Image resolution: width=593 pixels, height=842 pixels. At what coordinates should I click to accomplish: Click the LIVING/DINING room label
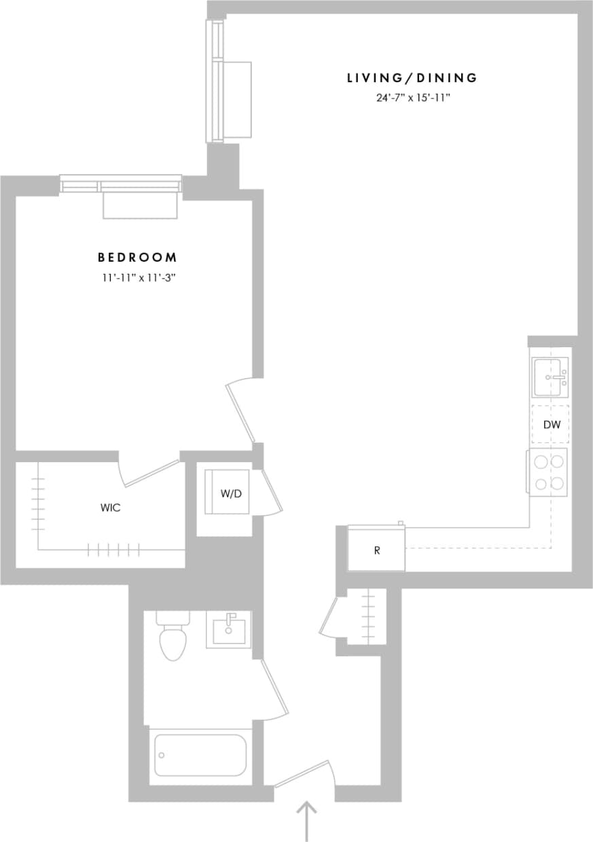pyautogui.click(x=412, y=78)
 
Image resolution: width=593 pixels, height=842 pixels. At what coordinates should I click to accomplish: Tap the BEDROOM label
pyautogui.click(x=137, y=258)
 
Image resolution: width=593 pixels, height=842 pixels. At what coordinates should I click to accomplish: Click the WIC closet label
pyautogui.click(x=110, y=508)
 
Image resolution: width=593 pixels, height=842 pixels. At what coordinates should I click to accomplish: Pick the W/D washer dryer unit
pyautogui.click(x=228, y=493)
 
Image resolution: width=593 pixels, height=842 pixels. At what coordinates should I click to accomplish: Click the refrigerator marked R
pyautogui.click(x=376, y=550)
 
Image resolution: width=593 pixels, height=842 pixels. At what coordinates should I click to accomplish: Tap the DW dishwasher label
pyautogui.click(x=552, y=425)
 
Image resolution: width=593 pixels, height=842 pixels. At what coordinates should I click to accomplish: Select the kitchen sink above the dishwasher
pyautogui.click(x=550, y=377)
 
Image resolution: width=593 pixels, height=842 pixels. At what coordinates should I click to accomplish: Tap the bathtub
pyautogui.click(x=200, y=755)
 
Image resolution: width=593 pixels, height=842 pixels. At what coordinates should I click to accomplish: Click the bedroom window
pyautogui.click(x=121, y=184)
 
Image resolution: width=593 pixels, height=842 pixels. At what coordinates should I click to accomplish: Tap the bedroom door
pyautogui.click(x=241, y=411)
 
